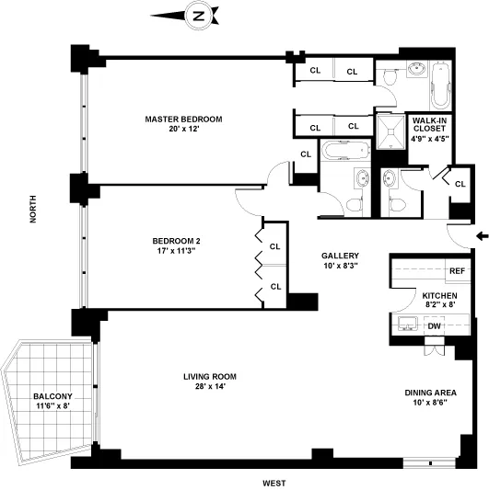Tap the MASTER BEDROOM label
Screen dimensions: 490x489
(x=183, y=120)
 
